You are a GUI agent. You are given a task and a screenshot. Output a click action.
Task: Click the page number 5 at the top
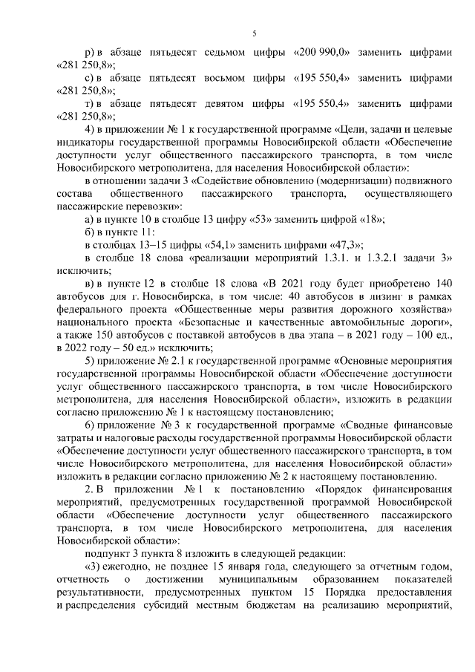click(x=254, y=33)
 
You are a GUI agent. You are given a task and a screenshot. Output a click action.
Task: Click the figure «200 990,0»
click(x=321, y=54)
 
